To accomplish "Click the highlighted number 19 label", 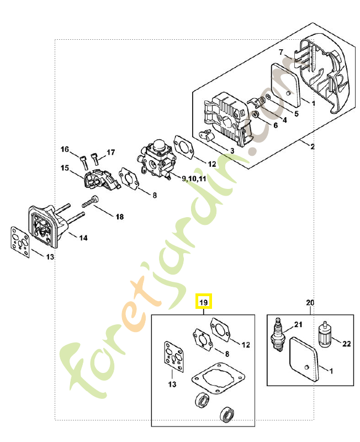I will pos(203,302).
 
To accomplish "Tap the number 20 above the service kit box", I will pos(310,302).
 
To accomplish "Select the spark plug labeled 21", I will pos(278,334).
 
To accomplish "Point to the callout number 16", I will pos(65,150).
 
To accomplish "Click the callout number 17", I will pos(110,152).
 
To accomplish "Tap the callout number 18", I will pos(119,217).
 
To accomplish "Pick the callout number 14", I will pos(83,238).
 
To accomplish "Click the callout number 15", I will pos(65,168).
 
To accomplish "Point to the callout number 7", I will pos(281,52).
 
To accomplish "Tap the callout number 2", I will pos(312,146).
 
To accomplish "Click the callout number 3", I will pos(232,150).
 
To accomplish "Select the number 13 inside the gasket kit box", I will pos(172,385).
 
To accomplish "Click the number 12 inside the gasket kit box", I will pos(246,345).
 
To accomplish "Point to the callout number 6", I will pos(276,125).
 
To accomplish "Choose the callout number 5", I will pos(297,114).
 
